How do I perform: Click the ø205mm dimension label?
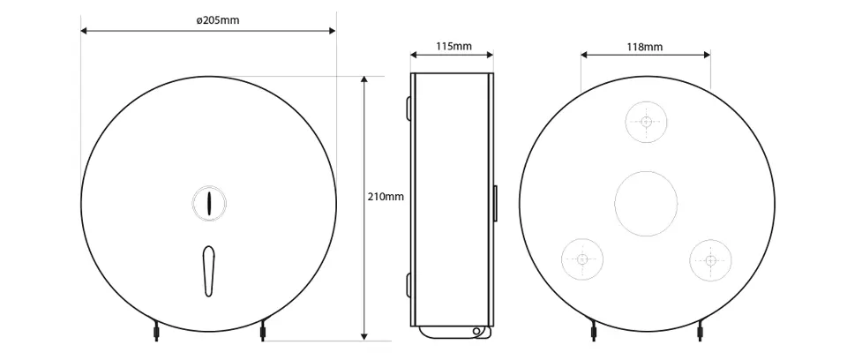[218, 20]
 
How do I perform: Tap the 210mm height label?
[386, 197]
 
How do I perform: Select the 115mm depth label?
[453, 46]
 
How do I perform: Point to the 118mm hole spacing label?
[645, 47]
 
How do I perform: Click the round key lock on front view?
[209, 203]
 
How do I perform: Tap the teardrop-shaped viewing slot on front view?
[208, 271]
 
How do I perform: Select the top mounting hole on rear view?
[646, 122]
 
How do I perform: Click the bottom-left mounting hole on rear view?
[582, 259]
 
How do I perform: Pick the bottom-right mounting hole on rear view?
[710, 260]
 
